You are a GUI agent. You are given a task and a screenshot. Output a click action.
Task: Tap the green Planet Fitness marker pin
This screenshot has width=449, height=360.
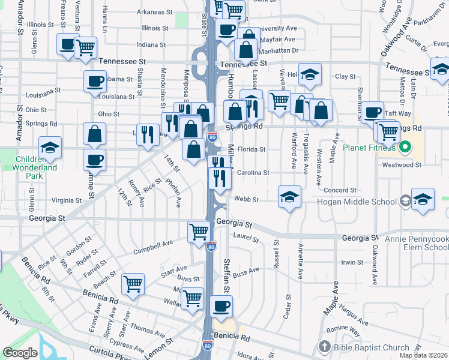pos(406,146)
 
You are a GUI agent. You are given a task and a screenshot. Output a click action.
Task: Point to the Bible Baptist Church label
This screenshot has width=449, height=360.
pos(372,347)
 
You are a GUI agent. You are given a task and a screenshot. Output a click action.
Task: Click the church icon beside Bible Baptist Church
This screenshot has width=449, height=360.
pos(325,347)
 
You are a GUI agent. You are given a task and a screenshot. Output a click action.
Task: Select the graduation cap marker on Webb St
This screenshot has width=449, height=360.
pos(290,197)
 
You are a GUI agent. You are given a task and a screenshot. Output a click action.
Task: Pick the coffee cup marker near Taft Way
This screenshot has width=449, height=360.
pos(373,112)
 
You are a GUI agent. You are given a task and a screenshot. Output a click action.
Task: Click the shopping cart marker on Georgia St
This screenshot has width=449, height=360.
pos(199,231)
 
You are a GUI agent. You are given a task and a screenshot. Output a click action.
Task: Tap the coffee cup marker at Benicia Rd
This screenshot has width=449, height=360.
pos(221,306)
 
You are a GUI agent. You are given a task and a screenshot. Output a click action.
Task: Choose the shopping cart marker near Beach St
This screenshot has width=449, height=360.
pos(133,284)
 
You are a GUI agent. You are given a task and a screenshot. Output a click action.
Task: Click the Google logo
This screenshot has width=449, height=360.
pos(20,352)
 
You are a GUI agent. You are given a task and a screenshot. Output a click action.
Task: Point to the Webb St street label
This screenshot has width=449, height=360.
pos(246,199)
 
